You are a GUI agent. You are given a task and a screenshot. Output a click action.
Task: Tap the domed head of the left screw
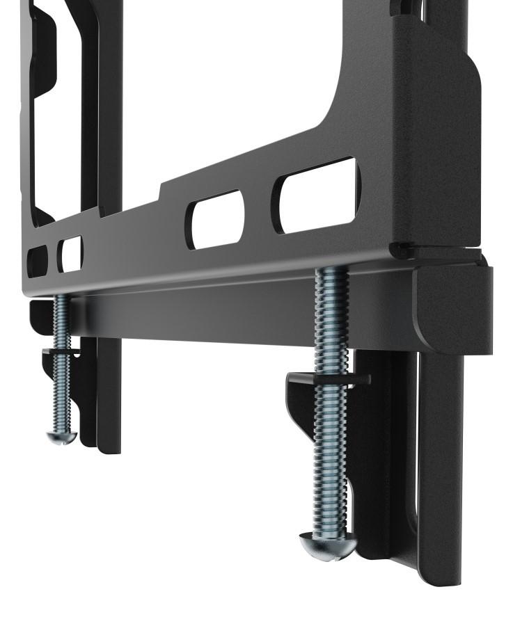(x=61, y=437)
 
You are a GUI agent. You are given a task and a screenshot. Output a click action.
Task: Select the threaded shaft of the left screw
(x=61, y=369)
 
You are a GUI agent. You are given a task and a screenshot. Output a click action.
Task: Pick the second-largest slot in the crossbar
(x=215, y=218)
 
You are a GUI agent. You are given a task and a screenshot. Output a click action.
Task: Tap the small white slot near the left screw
(x=70, y=254)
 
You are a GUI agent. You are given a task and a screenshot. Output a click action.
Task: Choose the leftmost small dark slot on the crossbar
(x=36, y=261)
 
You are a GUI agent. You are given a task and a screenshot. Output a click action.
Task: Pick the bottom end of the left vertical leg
(x=108, y=445)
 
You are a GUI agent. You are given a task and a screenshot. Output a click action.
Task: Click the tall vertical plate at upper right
(x=435, y=125)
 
